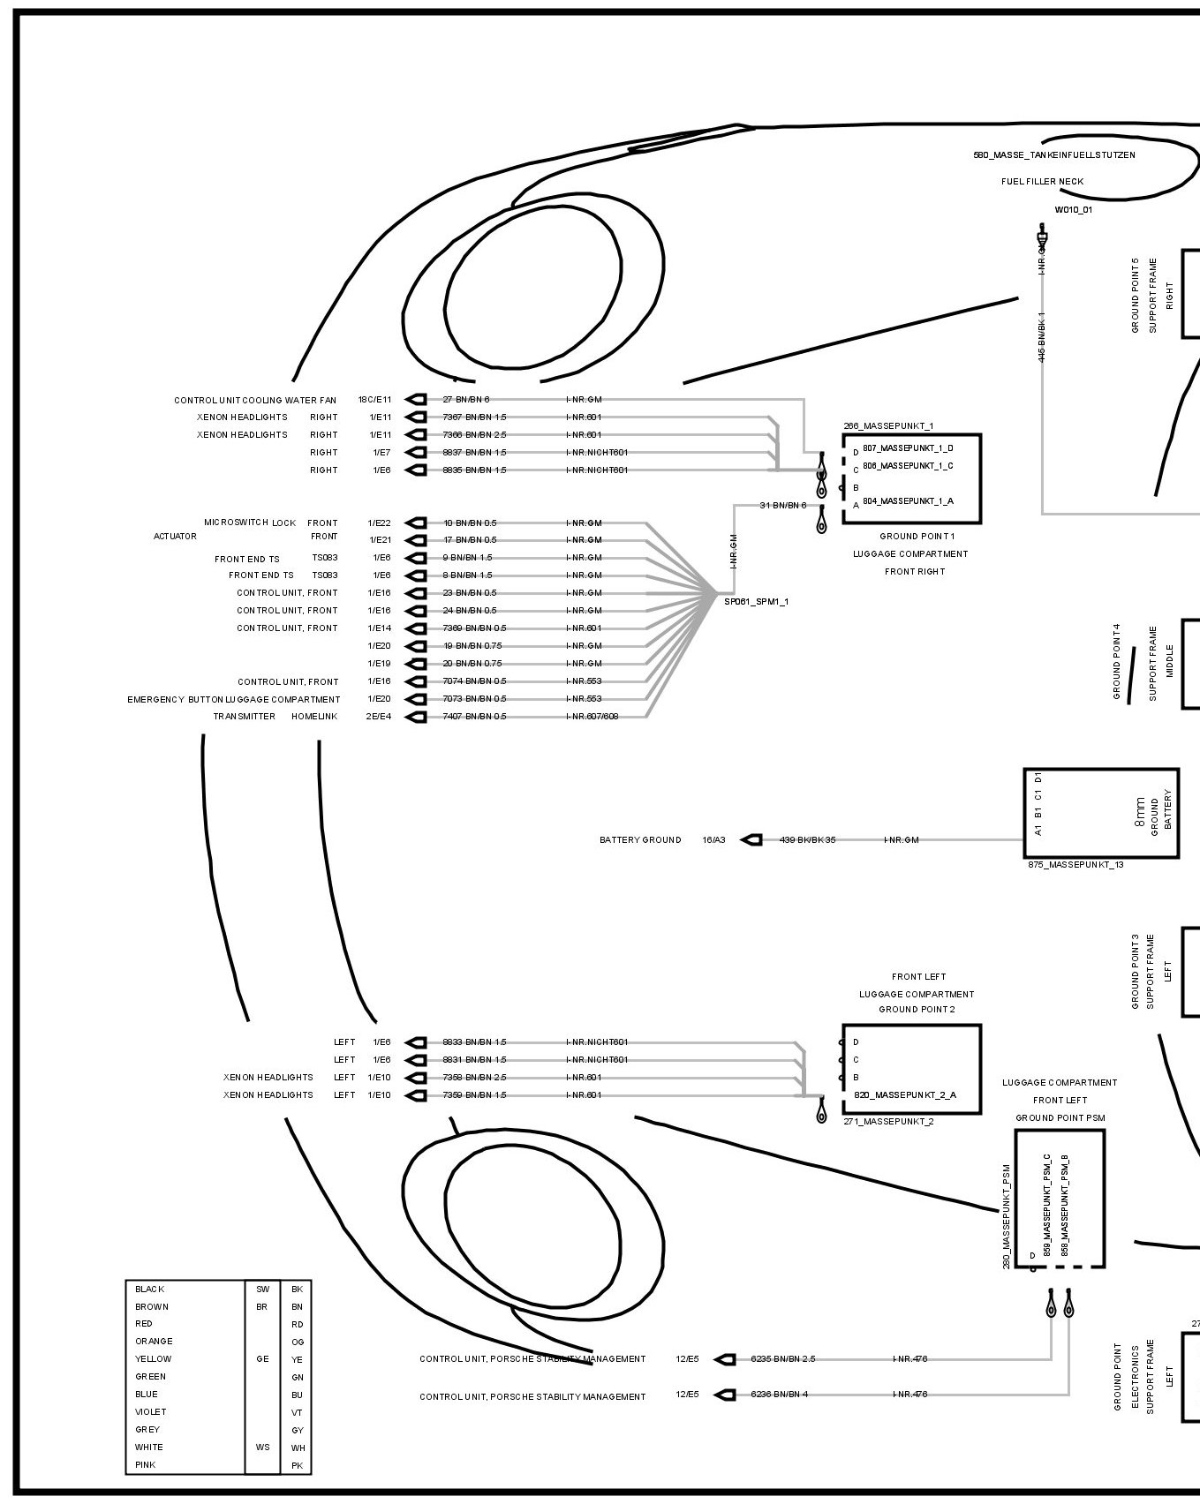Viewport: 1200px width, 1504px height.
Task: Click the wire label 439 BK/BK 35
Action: pos(807,839)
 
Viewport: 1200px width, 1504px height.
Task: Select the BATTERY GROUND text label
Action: pos(640,839)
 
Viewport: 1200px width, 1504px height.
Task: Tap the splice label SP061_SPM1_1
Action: pos(756,602)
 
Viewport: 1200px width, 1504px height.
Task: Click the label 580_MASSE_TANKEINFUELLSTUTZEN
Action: pos(1053,155)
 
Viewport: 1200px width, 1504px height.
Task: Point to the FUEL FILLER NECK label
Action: pos(1042,182)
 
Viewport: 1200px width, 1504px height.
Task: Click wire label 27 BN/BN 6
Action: pos(465,400)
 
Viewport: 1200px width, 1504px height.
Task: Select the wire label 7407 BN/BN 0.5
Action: pos(474,717)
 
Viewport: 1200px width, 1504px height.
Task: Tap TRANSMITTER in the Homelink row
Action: pos(244,717)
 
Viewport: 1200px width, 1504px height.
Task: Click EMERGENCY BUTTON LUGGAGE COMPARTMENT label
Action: pos(233,699)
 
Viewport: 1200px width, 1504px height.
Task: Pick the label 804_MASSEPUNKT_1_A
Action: pos(908,501)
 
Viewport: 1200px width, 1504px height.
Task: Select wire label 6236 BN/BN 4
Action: pos(779,1395)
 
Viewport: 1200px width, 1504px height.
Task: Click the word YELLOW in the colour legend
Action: pos(154,1359)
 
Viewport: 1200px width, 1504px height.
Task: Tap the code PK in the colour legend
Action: pos(297,1465)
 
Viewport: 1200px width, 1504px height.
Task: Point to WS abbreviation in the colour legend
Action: pos(262,1448)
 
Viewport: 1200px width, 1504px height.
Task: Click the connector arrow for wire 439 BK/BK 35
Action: pos(751,839)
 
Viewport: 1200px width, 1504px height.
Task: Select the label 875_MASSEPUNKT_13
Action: pos(1075,865)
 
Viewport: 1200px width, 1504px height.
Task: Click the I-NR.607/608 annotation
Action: pos(592,717)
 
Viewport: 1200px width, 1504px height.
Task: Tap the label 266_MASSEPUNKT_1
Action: pos(888,426)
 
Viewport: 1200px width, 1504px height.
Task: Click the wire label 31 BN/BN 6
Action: pos(783,505)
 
